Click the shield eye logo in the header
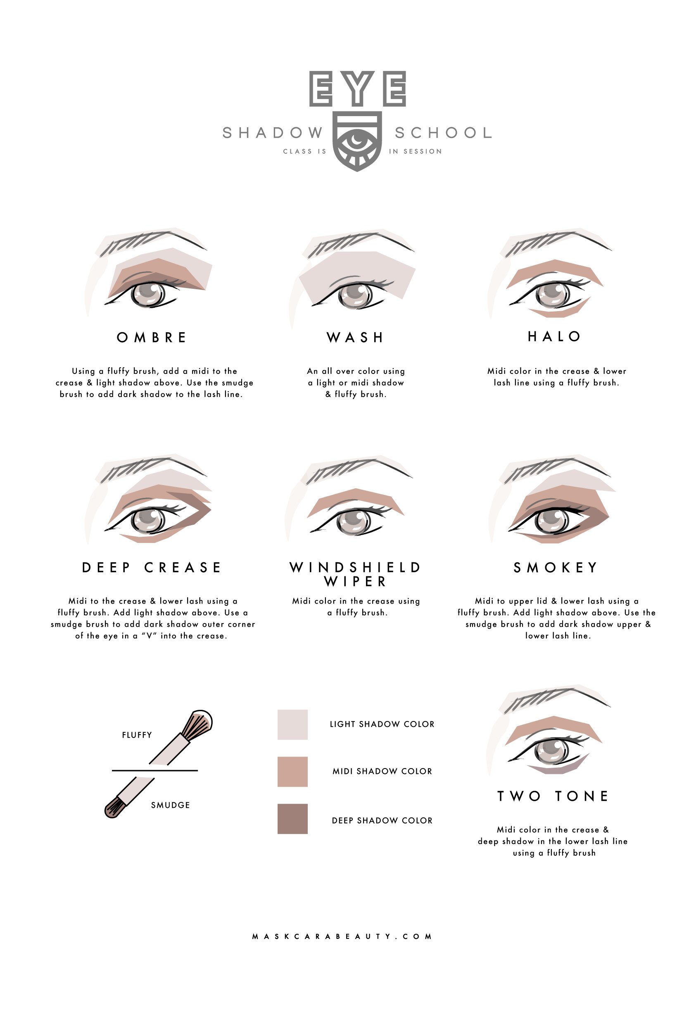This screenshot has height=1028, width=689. coord(357,140)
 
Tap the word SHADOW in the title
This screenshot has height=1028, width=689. coord(273,133)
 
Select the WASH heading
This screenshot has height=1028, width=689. coord(356,338)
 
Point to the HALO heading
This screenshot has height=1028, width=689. coord(554,337)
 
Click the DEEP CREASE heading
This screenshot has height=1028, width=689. coord(152,567)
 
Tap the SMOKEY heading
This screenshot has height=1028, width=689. coord(556,567)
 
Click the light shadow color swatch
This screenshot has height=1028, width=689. coord(292,724)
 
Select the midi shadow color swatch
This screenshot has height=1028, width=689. coord(292,771)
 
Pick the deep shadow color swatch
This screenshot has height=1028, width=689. coord(292,819)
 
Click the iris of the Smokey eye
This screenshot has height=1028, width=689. coord(552,520)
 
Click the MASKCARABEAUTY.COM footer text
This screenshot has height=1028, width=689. coord(342,936)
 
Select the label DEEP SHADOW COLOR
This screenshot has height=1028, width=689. coord(382,821)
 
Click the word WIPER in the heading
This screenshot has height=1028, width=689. coord(356,581)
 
